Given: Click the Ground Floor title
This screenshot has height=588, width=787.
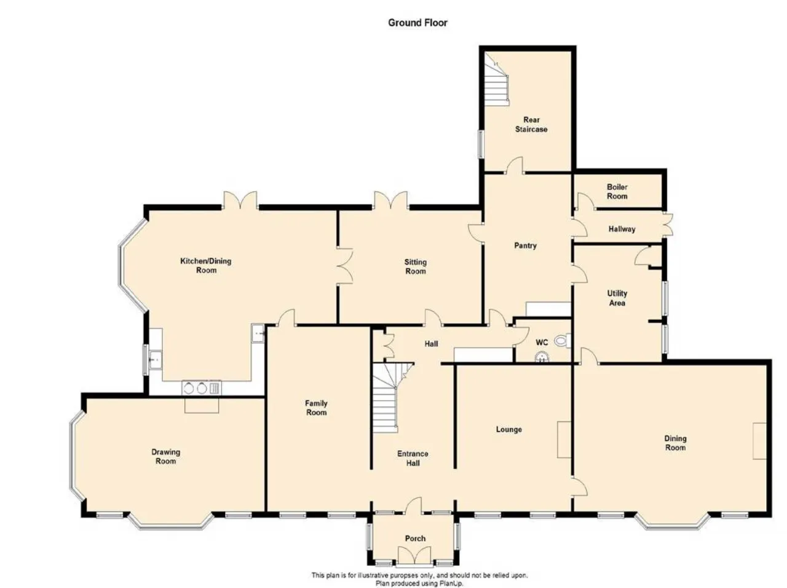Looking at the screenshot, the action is tap(417, 23).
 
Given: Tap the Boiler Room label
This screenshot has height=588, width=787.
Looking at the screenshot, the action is tap(617, 191).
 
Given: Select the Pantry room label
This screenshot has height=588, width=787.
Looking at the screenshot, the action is tap(525, 245).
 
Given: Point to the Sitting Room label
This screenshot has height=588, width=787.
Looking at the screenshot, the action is tap(416, 267).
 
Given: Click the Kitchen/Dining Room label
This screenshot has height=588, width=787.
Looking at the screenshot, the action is tap(206, 266).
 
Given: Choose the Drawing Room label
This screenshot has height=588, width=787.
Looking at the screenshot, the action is tap(165, 456).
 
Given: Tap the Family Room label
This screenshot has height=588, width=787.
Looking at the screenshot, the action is tap(316, 408).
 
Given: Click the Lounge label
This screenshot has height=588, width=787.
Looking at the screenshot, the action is tap(508, 429).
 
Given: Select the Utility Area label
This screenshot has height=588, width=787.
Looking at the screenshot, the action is tap(617, 298).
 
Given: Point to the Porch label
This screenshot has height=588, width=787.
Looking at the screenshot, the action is tap(415, 538).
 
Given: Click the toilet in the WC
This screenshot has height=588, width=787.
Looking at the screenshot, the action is tap(562, 340).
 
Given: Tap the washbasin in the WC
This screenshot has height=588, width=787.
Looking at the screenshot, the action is tap(542, 356).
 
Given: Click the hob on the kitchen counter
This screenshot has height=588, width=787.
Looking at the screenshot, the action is tap(202, 388).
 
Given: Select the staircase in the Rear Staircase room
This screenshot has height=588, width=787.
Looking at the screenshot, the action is tap(497, 84).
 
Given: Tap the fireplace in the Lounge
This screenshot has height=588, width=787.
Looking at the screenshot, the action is tap(564, 440).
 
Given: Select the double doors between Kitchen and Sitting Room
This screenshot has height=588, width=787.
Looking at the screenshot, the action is tap(345, 266).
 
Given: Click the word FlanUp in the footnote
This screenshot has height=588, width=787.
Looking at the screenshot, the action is tap(451, 583).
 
